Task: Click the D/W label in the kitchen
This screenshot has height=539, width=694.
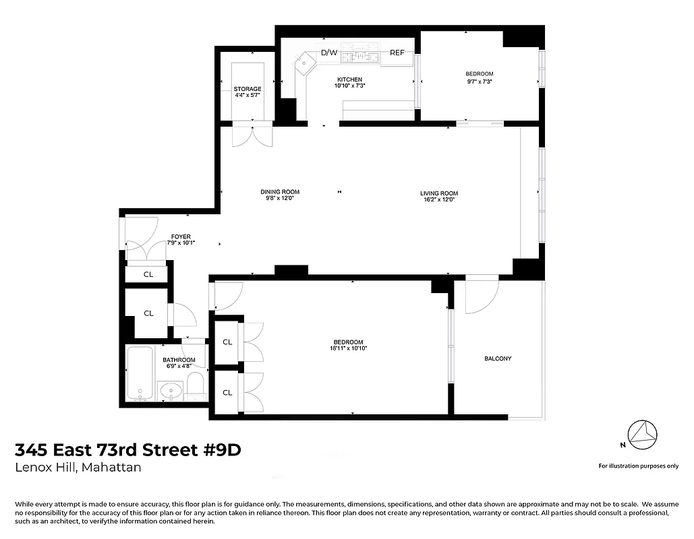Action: pos(328,53)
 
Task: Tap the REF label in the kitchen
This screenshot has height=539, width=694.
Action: pos(397,53)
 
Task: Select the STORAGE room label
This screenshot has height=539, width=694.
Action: pos(248,89)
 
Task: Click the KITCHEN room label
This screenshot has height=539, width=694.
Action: pos(349,80)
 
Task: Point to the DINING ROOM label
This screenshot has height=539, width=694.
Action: pos(280,192)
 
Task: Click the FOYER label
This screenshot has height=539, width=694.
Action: pos(181,236)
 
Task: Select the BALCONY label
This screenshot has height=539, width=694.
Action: pos(498,358)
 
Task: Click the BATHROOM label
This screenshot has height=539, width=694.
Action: pos(179,360)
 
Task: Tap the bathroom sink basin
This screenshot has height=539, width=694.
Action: pos(171,390)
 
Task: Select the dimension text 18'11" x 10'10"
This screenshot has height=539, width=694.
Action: pos(348,348)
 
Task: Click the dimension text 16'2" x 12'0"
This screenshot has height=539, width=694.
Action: pos(439,199)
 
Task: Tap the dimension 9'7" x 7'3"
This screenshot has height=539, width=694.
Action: pos(479,82)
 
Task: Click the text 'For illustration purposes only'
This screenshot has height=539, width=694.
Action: pos(638,466)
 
